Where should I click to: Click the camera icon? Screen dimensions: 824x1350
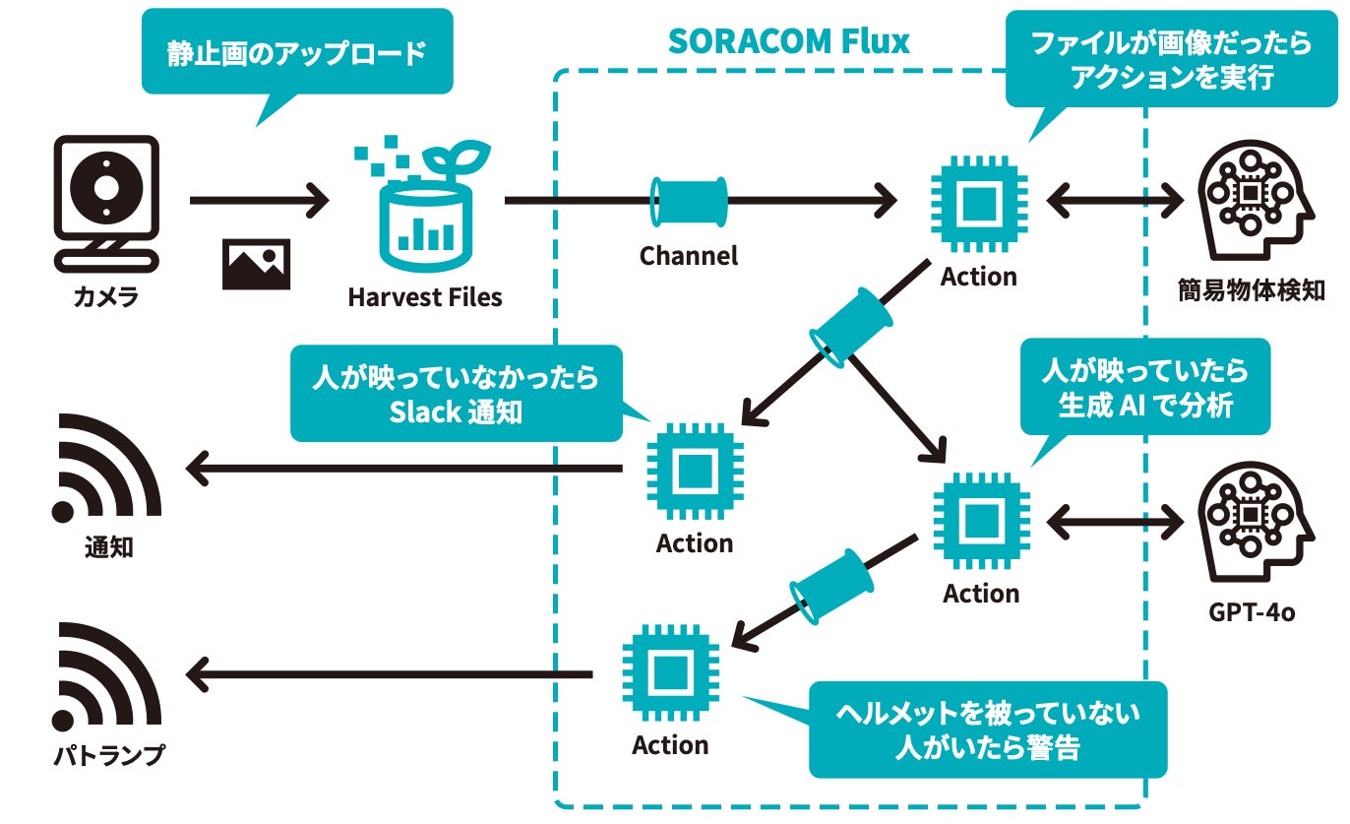(106, 203)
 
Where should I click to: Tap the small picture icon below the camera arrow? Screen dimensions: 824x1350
(256, 263)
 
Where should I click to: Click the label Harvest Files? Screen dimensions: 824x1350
(425, 297)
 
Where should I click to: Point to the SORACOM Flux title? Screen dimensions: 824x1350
(788, 42)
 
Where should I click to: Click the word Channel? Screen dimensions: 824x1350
(689, 256)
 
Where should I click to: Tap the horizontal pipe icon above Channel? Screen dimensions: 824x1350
(690, 202)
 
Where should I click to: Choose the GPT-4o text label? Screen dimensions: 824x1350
(1252, 612)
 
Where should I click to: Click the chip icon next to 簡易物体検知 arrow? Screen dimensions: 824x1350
(979, 203)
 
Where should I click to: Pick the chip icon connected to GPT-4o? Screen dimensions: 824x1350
(980, 521)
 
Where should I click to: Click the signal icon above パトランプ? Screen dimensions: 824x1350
(106, 676)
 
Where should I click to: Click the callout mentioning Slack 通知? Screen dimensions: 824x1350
(456, 393)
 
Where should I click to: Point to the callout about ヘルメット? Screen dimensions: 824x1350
(987, 729)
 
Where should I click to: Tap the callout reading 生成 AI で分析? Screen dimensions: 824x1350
(1144, 387)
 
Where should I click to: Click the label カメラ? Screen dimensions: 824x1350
(106, 296)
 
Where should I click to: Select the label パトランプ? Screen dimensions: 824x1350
(108, 756)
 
